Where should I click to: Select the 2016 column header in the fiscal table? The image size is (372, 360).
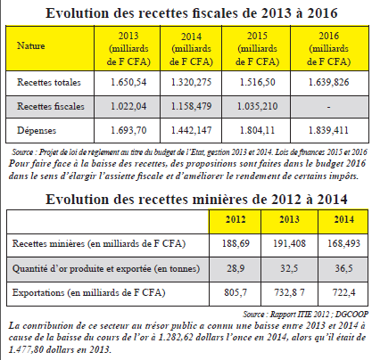[329, 48]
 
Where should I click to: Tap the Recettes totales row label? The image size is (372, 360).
[49, 82]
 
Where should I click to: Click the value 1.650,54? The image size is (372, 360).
[128, 82]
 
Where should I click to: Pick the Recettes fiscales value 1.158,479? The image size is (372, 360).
[191, 106]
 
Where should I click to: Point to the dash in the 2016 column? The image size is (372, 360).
[328, 107]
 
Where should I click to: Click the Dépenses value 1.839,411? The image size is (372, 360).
[328, 130]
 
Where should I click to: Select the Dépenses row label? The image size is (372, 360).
[37, 130]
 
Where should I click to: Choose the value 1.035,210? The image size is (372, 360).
[257, 106]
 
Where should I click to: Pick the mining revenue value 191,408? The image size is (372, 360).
[289, 243]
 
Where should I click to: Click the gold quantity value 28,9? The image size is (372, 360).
[236, 268]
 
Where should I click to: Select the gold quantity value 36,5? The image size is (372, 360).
[343, 268]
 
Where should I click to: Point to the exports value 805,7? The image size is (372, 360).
[236, 293]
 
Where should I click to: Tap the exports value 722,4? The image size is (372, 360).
[343, 293]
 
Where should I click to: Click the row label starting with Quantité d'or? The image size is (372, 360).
[106, 269]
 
